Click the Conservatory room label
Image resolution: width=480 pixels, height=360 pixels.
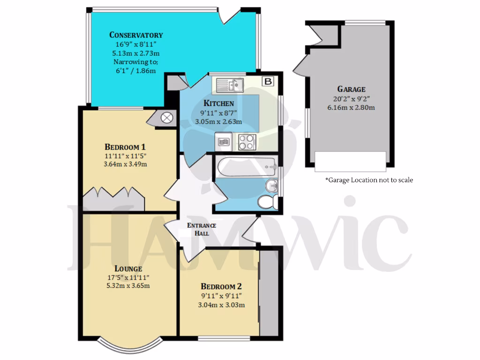pos(136,35)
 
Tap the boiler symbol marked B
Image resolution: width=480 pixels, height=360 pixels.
pos(269,81)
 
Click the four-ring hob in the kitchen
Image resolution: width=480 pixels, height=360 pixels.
pos(247,141)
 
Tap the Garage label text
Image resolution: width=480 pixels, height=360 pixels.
pos(351,89)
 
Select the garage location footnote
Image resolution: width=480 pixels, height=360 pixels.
pos(369,180)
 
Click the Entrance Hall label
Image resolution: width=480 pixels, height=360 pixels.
pos(202,229)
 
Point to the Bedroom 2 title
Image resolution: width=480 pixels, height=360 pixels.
pos(221,286)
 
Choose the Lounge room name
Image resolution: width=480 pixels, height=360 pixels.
pos(128,269)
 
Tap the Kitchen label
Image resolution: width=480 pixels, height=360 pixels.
pos(218,104)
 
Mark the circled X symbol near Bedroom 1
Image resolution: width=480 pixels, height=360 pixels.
pos(166,118)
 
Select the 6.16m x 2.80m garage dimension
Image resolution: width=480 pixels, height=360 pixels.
pos(351,107)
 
